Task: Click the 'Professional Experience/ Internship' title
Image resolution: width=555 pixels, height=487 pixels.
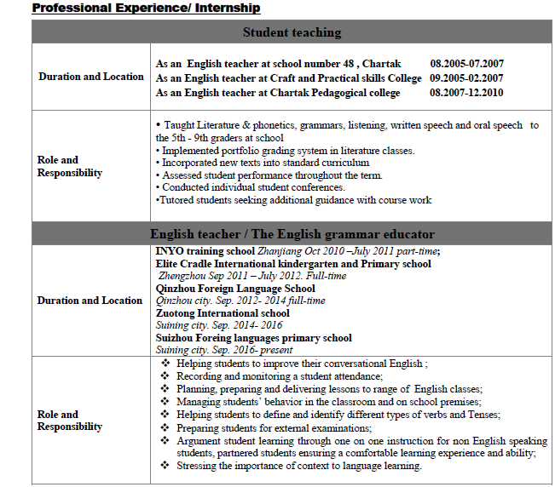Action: (x=146, y=9)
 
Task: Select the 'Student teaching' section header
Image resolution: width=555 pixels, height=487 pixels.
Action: (x=292, y=32)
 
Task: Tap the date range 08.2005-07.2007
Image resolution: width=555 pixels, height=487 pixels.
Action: (x=466, y=64)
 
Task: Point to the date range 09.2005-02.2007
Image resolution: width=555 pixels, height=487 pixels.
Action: (x=466, y=78)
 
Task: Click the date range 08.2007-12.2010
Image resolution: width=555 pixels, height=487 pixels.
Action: (x=466, y=93)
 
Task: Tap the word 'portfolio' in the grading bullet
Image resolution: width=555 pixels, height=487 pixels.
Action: (x=242, y=150)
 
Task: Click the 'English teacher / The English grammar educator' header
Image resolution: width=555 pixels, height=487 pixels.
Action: (x=292, y=233)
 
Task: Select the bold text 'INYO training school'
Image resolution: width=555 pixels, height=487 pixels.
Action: (x=205, y=251)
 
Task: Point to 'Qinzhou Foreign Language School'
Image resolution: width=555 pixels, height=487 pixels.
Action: (x=235, y=289)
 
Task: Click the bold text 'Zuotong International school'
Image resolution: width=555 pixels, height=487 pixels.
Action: (x=223, y=313)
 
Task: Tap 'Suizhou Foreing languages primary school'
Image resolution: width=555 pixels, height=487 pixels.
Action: (x=253, y=338)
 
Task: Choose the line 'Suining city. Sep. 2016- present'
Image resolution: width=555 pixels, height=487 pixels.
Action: (x=223, y=350)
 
